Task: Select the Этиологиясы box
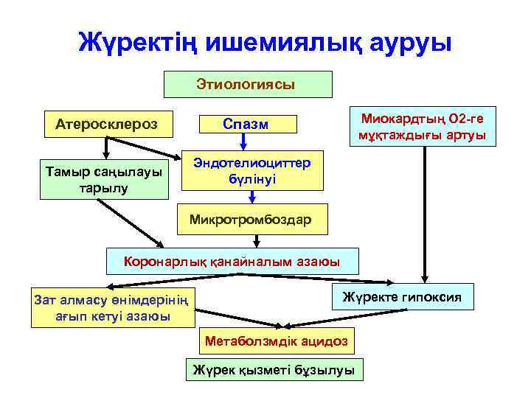[247, 84]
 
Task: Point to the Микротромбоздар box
[251, 219]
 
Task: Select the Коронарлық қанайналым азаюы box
[232, 261]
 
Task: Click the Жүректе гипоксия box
[402, 297]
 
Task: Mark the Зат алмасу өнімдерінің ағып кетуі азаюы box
[112, 307]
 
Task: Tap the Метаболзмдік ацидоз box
[276, 341]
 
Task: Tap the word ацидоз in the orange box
[320, 341]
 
